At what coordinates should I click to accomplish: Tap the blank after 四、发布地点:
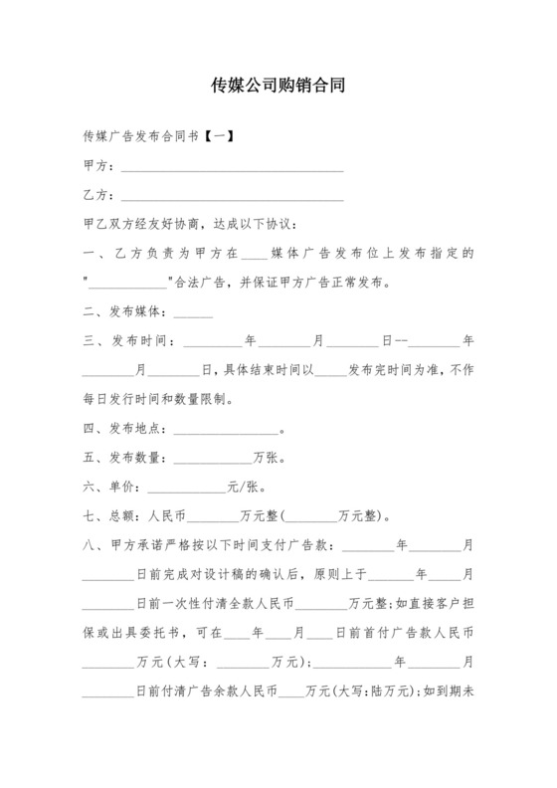[227, 432]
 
